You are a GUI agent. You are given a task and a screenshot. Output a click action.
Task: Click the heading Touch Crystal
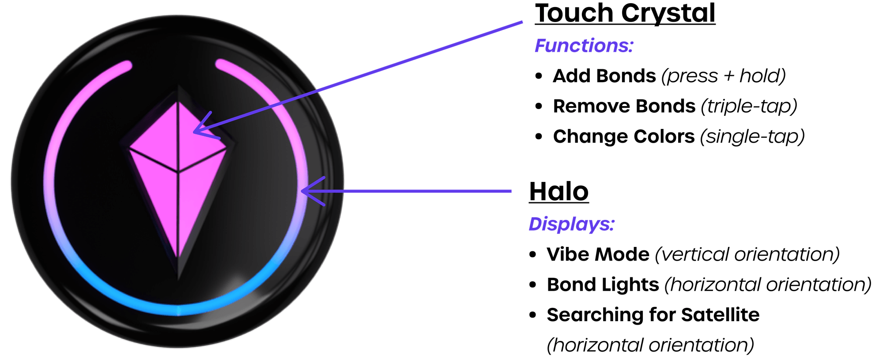[625, 13]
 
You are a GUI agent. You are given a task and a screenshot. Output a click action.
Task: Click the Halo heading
[559, 192]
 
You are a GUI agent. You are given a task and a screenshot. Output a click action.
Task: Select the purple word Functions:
[584, 45]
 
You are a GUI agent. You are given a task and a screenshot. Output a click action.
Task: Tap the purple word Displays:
[571, 224]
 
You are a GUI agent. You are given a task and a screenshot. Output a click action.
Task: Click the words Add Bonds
[604, 76]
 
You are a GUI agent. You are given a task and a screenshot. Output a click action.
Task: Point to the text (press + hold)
[723, 76]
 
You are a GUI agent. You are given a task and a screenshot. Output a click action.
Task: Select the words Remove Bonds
[624, 106]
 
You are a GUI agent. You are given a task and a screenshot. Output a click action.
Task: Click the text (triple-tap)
[749, 106]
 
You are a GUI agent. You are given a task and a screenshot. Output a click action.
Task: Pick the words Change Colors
[623, 137]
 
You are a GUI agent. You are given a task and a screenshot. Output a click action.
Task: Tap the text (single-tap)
[752, 137]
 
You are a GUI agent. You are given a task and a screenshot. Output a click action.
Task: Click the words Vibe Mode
[598, 254]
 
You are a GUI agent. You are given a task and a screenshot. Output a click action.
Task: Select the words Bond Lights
[603, 285]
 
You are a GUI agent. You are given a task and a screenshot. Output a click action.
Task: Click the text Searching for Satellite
[653, 315]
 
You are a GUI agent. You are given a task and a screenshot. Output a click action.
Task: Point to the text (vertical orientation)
[747, 254]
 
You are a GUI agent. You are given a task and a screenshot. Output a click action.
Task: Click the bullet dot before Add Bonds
[538, 76]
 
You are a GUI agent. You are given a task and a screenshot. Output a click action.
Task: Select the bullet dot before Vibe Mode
[532, 255]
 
